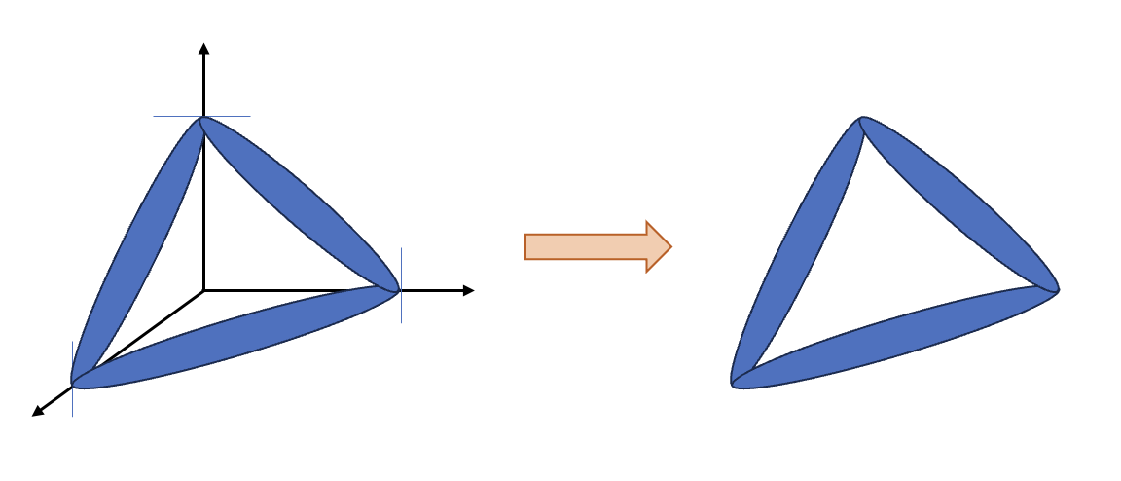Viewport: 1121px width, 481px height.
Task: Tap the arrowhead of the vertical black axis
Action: (203, 48)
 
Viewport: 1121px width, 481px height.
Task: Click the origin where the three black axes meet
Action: (203, 290)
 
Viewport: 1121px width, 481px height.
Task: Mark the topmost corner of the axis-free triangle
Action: (861, 119)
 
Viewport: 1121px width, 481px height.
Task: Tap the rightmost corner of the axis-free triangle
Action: (1056, 289)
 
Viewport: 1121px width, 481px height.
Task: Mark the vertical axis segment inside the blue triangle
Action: (203, 214)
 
